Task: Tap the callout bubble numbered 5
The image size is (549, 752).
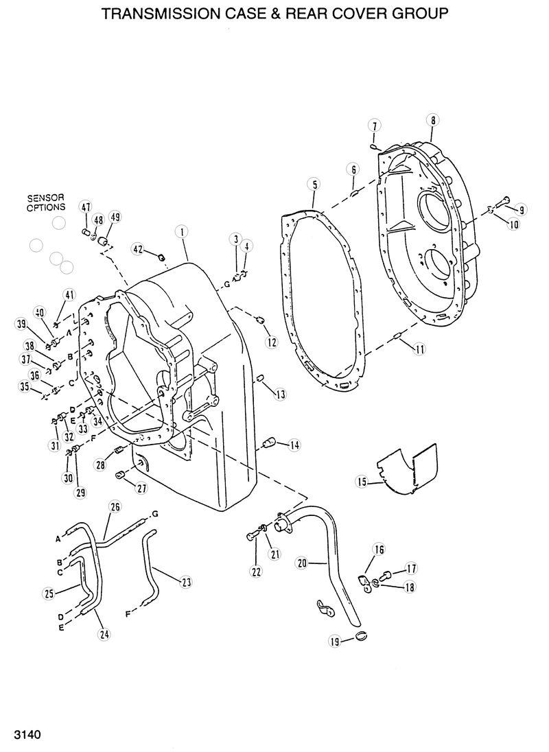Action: point(314,184)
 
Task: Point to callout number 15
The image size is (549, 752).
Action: point(362,482)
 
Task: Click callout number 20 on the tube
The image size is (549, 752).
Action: point(301,563)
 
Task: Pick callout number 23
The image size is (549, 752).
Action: point(185,582)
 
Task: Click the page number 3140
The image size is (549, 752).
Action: point(23,736)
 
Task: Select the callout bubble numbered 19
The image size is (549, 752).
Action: point(336,642)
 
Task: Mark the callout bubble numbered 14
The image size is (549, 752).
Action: point(294,445)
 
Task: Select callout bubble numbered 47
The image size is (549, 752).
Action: point(86,207)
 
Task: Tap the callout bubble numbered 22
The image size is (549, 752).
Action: point(256,572)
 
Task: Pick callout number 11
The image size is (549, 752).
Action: point(419,349)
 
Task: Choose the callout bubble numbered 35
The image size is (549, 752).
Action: point(25,388)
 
